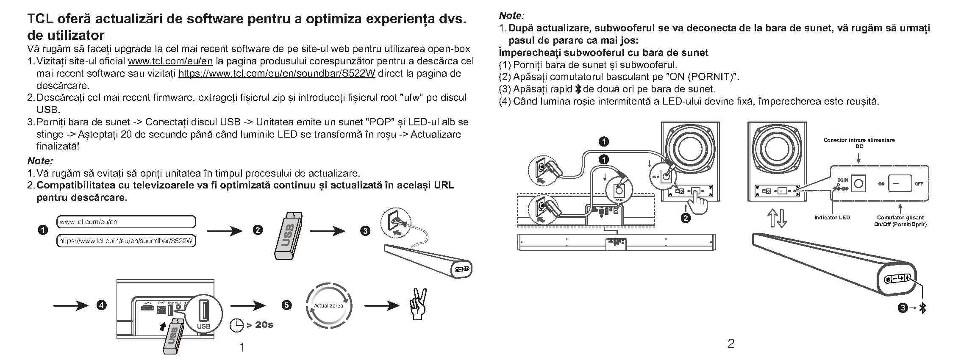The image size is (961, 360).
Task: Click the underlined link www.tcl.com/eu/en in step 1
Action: click(x=170, y=61)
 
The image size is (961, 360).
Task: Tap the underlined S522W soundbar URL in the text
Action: click(x=277, y=74)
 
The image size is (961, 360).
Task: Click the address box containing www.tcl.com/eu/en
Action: click(x=126, y=222)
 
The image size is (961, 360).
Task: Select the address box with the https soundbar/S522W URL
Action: click(x=126, y=241)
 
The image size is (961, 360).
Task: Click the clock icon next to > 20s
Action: click(x=236, y=325)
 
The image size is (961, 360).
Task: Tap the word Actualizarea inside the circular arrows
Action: click(x=328, y=306)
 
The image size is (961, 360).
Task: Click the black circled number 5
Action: click(x=286, y=305)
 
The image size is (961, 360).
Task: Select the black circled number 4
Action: click(x=101, y=305)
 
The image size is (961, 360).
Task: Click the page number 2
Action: click(x=730, y=343)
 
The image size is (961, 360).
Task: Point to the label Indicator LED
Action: click(x=832, y=218)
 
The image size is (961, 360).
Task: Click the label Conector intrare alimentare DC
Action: click(x=859, y=143)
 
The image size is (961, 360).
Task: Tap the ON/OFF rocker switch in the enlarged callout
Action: click(x=900, y=184)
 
